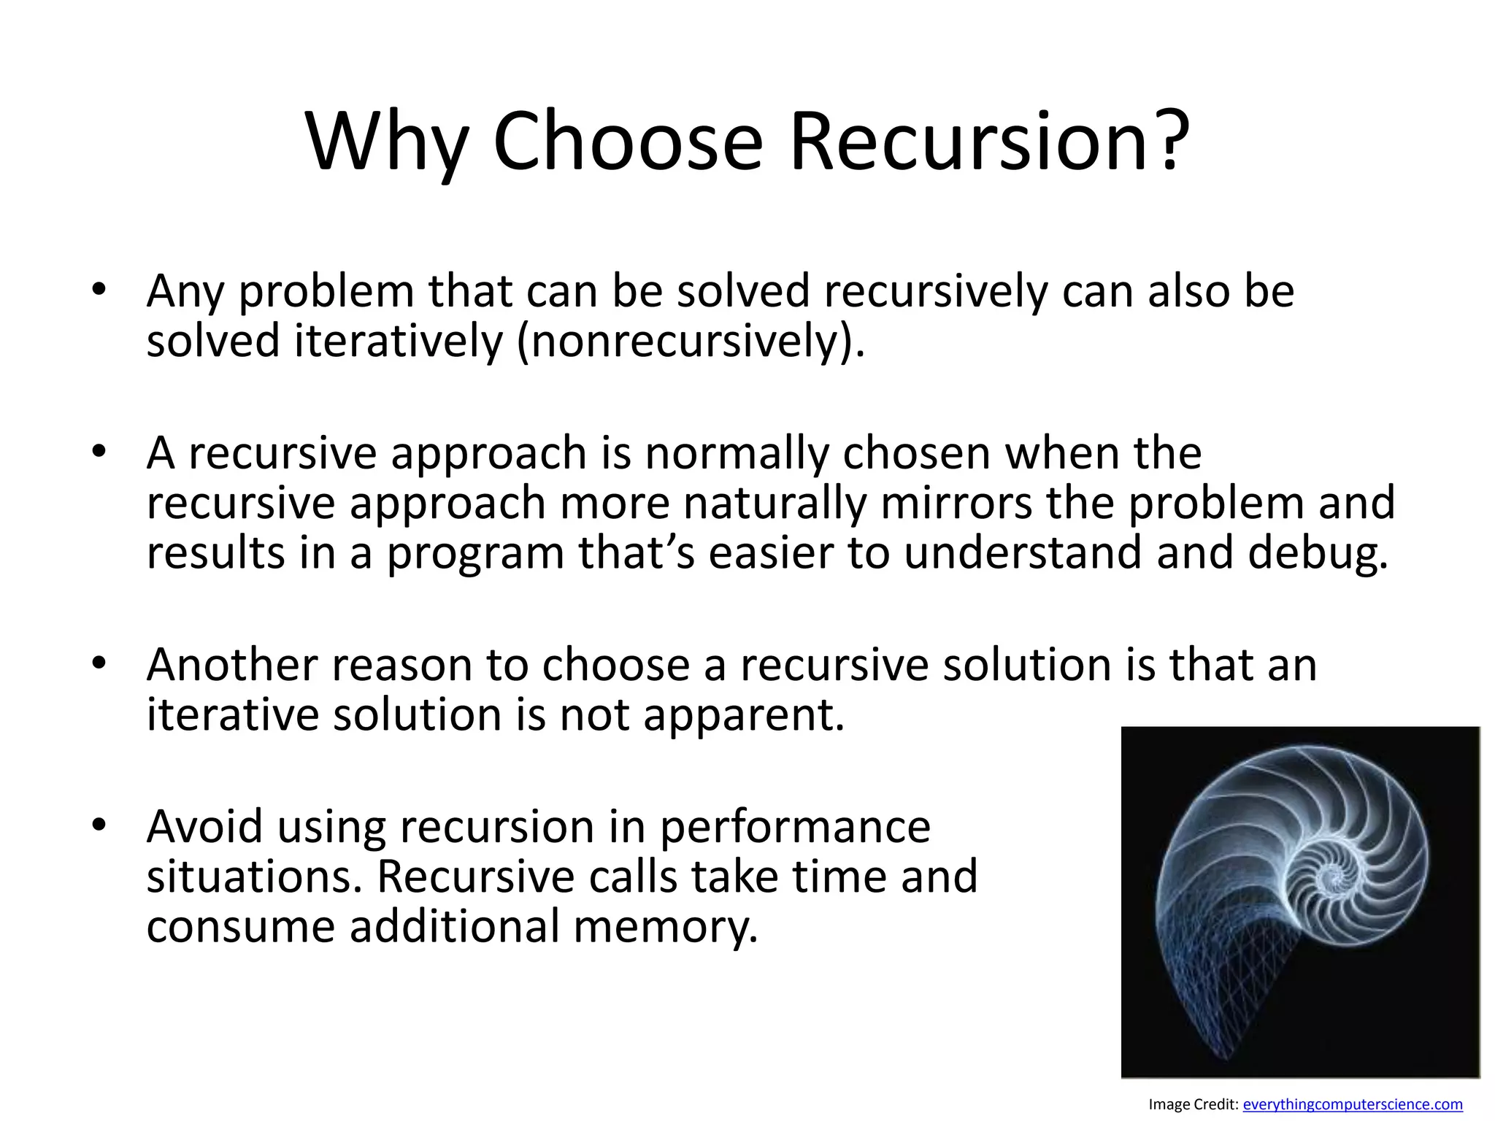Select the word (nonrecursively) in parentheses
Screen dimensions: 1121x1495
click(690, 342)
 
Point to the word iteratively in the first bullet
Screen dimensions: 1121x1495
click(399, 342)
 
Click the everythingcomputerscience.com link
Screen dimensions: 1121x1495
click(1353, 1104)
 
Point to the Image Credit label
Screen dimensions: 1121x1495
click(1193, 1104)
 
